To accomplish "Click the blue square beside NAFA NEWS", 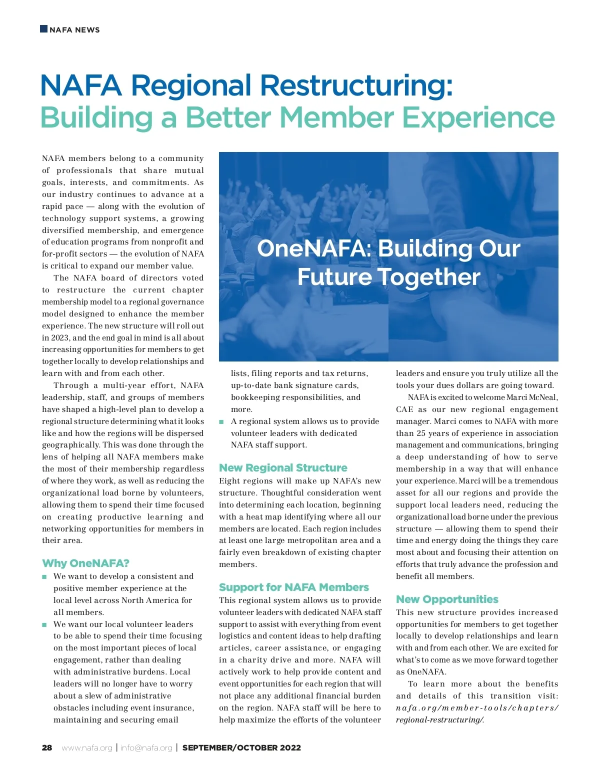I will [x=43, y=29].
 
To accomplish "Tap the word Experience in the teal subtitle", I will [x=478, y=118].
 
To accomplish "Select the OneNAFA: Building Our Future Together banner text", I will [x=388, y=262].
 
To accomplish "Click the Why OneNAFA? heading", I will [x=85, y=563].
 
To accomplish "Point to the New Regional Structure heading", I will [x=283, y=468].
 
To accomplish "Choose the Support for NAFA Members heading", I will [x=294, y=587].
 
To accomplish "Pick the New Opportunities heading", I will [x=447, y=599].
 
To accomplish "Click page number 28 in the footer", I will [x=47, y=748].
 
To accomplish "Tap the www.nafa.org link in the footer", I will [x=87, y=748].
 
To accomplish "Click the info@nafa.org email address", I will [x=146, y=748].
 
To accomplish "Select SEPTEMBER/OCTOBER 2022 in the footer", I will [x=241, y=748].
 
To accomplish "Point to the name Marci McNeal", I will [x=532, y=397].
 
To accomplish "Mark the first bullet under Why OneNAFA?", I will [x=44, y=577].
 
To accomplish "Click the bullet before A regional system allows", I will [x=221, y=422].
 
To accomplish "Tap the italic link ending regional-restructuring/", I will [x=440, y=720].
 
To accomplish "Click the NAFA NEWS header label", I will [x=74, y=30].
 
